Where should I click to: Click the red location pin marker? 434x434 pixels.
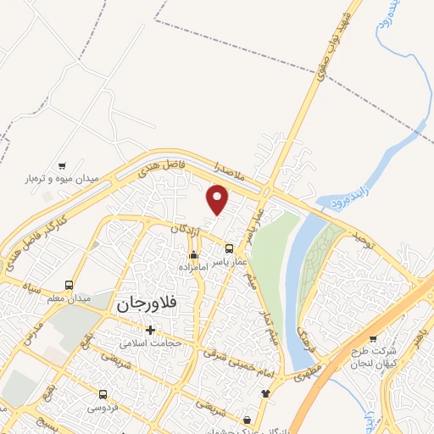click(x=219, y=199)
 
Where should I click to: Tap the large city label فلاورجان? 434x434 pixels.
click(x=148, y=303)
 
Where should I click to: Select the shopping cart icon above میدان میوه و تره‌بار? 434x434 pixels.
click(x=61, y=165)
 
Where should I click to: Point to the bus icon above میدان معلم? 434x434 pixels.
click(x=69, y=285)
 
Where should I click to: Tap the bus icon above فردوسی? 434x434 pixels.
click(x=103, y=394)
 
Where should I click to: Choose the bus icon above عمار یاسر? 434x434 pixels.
click(x=230, y=248)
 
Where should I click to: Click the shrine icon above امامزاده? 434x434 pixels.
click(x=194, y=254)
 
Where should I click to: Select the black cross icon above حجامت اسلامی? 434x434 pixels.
click(x=151, y=330)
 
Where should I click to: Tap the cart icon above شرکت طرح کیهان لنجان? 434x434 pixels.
click(x=372, y=337)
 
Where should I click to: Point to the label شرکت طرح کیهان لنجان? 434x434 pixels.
click(x=373, y=356)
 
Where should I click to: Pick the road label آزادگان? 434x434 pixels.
click(x=189, y=230)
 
